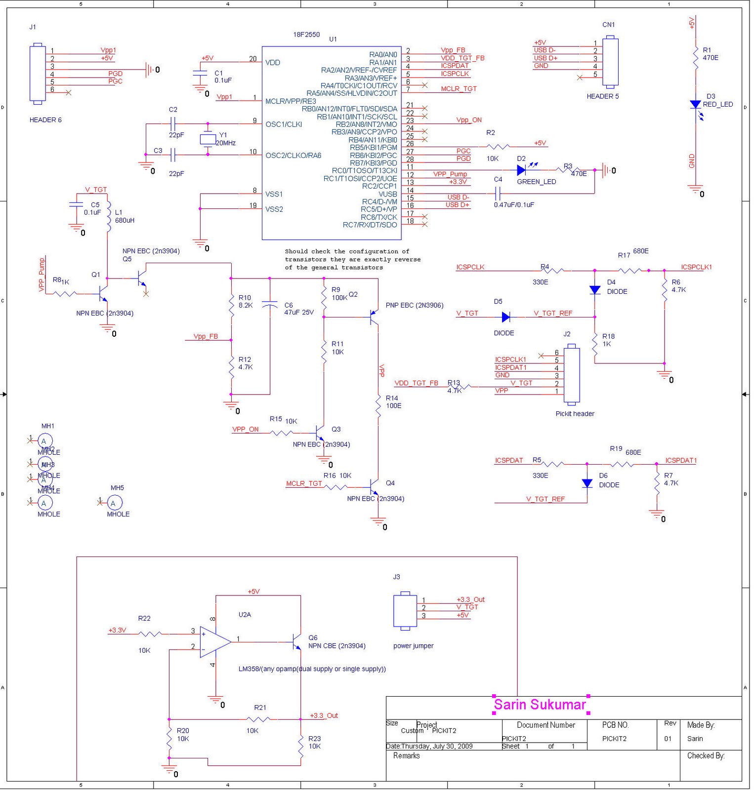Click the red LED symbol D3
coord(695,105)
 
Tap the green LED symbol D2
coord(521,170)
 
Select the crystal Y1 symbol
coord(208,139)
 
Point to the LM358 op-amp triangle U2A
coord(214,642)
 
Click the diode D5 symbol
coord(505,317)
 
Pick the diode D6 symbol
coord(587,483)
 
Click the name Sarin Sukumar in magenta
coord(540,705)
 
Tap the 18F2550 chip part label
coord(306,35)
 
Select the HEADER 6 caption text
coord(45,120)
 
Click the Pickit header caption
coord(575,414)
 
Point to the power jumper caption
coord(413,646)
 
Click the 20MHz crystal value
coord(226,143)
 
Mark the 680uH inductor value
coord(125,220)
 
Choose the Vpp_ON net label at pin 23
coord(468,120)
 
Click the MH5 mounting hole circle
coord(114,503)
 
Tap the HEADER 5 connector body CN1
coord(611,62)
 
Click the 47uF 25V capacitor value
coord(299,313)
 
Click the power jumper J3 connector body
coord(405,611)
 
